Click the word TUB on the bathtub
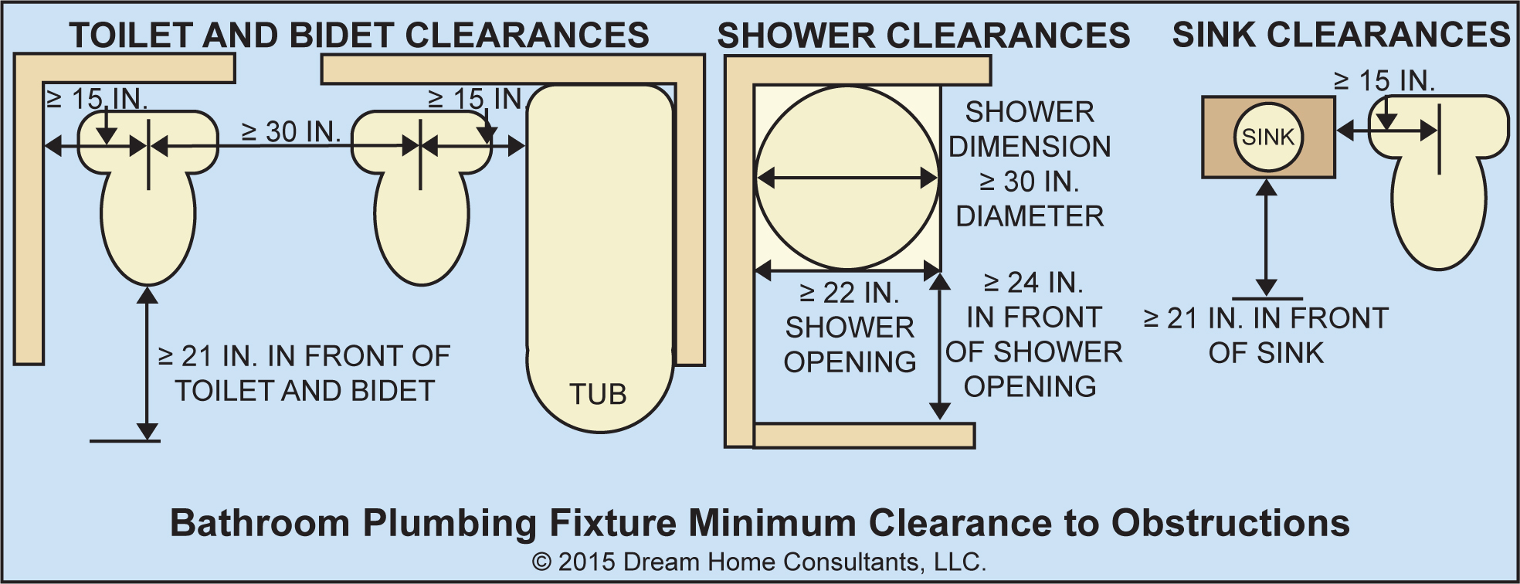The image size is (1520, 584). click(598, 394)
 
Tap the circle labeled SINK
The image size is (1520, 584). click(1267, 138)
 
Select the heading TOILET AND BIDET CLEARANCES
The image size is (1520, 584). click(359, 35)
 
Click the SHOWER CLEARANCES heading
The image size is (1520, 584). click(923, 36)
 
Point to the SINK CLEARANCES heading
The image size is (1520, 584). click(1341, 35)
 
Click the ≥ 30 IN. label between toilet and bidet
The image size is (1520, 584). click(291, 132)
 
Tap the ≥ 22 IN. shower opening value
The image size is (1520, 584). click(850, 293)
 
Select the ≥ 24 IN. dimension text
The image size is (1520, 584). click(1033, 283)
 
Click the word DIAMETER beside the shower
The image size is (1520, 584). click(1030, 216)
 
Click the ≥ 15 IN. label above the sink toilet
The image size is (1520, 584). click(1384, 80)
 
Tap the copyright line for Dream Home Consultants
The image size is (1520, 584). click(759, 562)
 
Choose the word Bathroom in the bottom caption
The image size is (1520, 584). click(260, 523)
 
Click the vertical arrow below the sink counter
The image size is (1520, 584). click(1266, 238)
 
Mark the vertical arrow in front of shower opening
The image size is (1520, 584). click(939, 345)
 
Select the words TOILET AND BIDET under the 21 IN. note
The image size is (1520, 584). click(304, 391)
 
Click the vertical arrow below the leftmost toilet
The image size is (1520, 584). click(147, 364)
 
